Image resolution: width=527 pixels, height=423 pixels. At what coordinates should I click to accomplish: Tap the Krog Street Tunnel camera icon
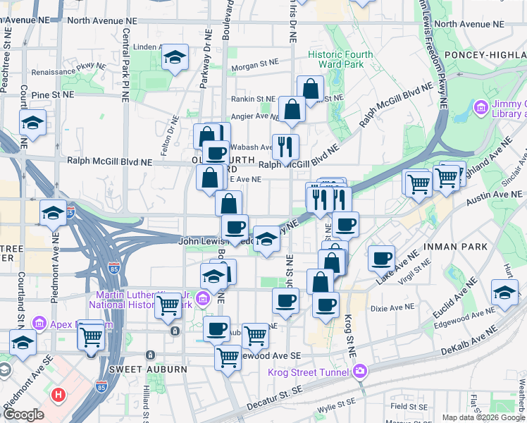[360, 371]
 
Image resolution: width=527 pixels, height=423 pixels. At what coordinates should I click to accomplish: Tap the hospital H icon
[59, 396]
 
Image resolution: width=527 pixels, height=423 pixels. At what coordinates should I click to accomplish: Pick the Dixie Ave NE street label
[393, 307]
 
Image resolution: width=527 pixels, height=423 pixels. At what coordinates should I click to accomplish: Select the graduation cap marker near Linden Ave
[174, 59]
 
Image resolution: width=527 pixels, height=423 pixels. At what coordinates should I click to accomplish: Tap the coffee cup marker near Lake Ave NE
[382, 257]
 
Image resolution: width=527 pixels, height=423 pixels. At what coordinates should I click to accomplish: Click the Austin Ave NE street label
[486, 202]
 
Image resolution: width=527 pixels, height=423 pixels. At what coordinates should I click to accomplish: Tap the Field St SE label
[409, 406]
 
